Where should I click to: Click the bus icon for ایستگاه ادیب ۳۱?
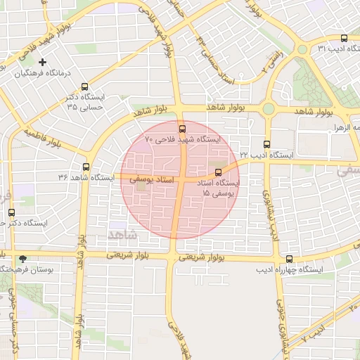click(x=344, y=38)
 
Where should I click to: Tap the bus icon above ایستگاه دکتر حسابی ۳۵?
click(x=84, y=86)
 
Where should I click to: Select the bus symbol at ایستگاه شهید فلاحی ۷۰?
click(x=183, y=129)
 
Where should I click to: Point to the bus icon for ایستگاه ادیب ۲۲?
click(x=266, y=143)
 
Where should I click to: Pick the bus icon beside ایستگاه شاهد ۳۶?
click(x=86, y=167)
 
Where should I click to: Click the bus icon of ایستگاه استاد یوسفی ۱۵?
click(x=217, y=172)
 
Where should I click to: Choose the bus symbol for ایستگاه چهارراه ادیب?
click(x=270, y=258)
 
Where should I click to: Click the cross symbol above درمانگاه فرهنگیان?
click(x=43, y=63)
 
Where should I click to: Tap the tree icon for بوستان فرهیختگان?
click(x=22, y=259)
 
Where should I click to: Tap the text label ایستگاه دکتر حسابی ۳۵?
click(x=85, y=101)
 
